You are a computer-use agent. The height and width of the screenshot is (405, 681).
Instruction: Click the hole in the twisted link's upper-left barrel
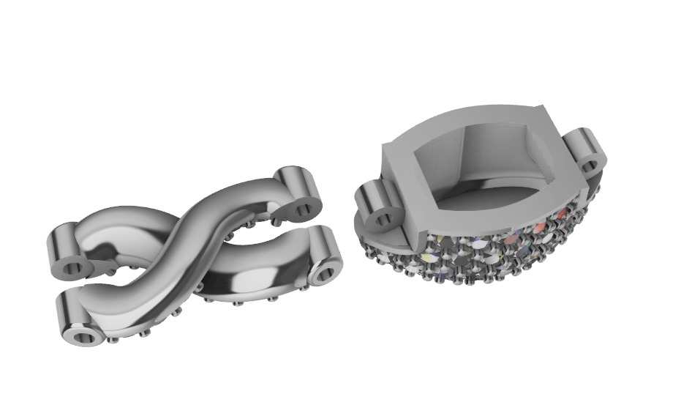[x=72, y=268]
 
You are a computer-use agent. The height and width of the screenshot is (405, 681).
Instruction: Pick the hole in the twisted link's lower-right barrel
[x=323, y=276]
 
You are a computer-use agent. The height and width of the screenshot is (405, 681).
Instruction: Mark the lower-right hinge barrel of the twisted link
[x=322, y=256]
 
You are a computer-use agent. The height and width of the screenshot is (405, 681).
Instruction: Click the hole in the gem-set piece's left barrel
[x=382, y=218]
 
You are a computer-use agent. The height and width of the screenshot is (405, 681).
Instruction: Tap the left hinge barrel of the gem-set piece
[x=377, y=205]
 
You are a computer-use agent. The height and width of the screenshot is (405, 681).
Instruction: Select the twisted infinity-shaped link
[x=190, y=256]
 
